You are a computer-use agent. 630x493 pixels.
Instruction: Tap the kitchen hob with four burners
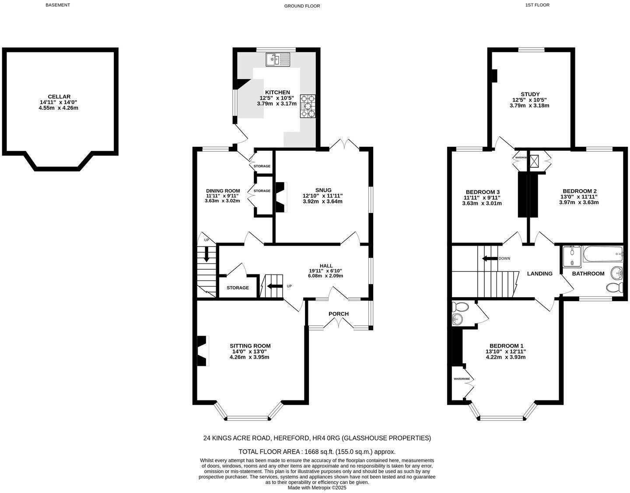(308, 106)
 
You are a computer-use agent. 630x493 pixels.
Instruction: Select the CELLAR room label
(59, 97)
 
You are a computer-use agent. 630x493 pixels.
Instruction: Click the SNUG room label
(323, 190)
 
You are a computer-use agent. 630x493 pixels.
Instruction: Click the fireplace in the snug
(280, 197)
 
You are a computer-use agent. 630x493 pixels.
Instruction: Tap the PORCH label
(339, 314)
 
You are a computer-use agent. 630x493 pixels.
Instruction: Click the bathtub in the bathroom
(603, 254)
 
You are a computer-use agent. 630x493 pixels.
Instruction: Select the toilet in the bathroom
(615, 288)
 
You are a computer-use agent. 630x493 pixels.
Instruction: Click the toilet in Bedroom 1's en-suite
(460, 306)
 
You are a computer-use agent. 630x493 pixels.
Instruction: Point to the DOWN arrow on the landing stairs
(490, 258)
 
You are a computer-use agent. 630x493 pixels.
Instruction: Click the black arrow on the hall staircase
(275, 286)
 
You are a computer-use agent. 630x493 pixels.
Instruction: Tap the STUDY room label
(530, 94)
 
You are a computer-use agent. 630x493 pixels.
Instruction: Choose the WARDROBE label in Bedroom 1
(462, 378)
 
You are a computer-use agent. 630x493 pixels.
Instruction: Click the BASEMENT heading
(58, 5)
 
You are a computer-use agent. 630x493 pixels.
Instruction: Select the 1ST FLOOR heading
(538, 5)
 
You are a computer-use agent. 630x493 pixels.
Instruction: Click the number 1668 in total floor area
(311, 451)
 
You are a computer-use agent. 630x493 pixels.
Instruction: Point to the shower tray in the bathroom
(572, 257)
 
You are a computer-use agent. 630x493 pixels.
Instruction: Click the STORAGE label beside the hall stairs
(238, 288)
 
